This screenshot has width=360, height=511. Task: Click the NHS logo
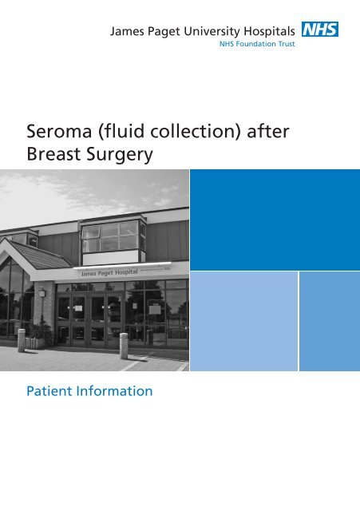tap(320, 30)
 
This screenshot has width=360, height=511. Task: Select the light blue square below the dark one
tap(243, 320)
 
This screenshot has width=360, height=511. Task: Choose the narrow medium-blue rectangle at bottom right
tap(329, 320)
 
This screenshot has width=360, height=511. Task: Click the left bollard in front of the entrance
tap(22, 339)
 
